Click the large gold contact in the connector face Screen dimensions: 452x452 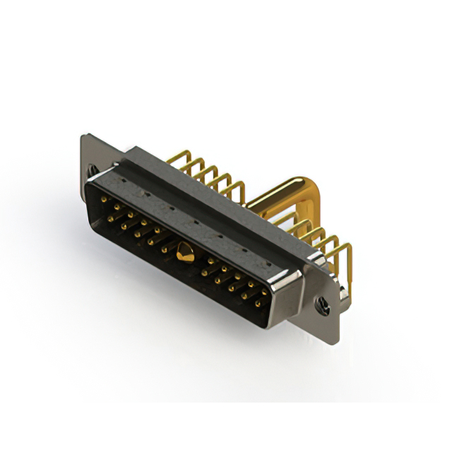185,252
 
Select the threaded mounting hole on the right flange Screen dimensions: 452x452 322,306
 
